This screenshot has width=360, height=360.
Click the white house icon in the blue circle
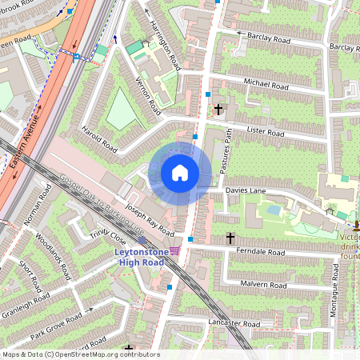point(180,173)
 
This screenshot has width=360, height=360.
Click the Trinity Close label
point(107,238)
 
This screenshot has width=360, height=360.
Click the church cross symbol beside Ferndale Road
point(230,238)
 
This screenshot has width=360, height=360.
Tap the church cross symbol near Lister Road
point(218,106)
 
